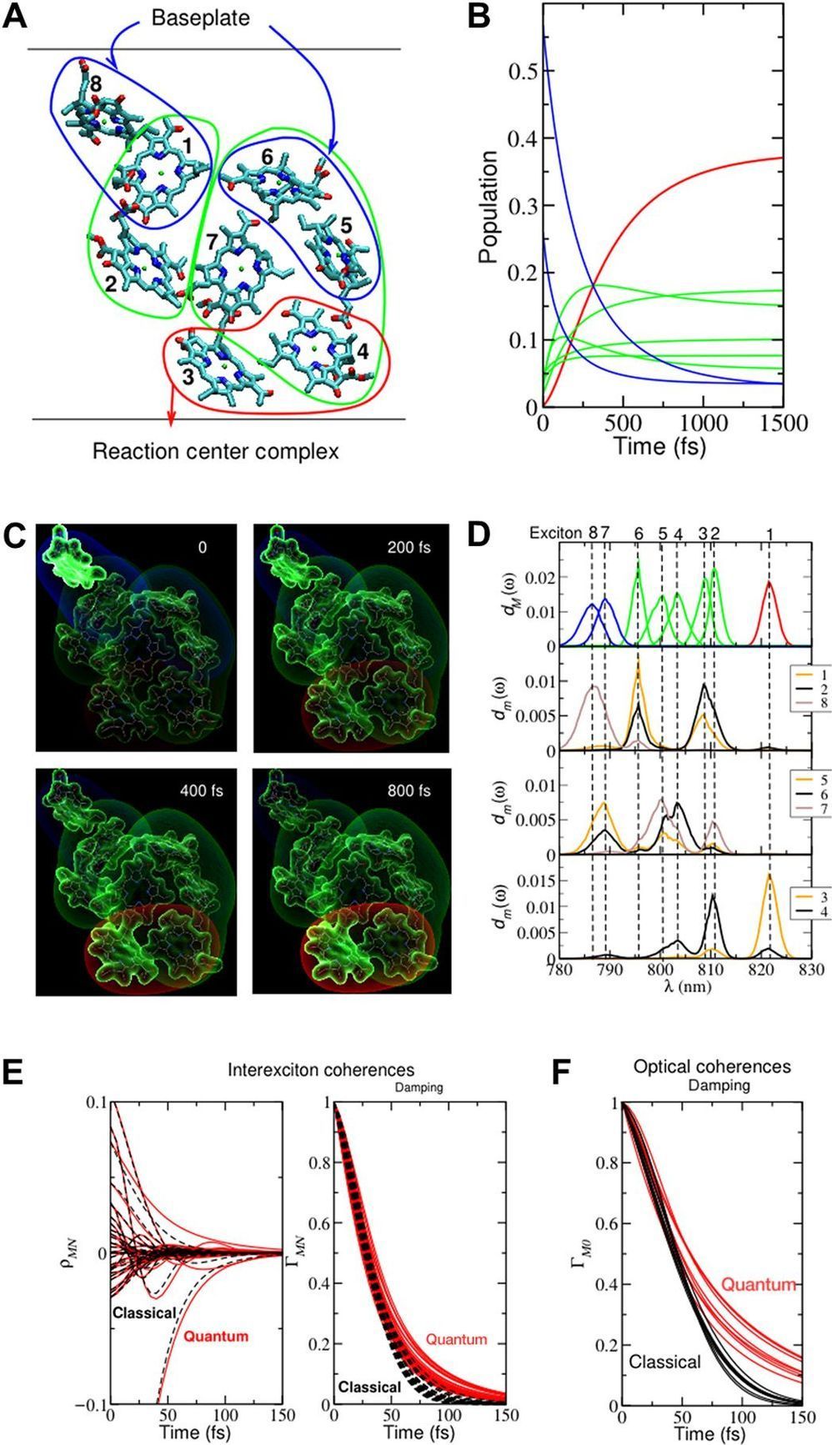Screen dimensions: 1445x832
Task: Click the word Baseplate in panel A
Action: (x=200, y=18)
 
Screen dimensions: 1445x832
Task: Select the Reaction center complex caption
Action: (x=216, y=452)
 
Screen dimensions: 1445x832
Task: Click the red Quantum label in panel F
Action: (x=758, y=1284)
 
